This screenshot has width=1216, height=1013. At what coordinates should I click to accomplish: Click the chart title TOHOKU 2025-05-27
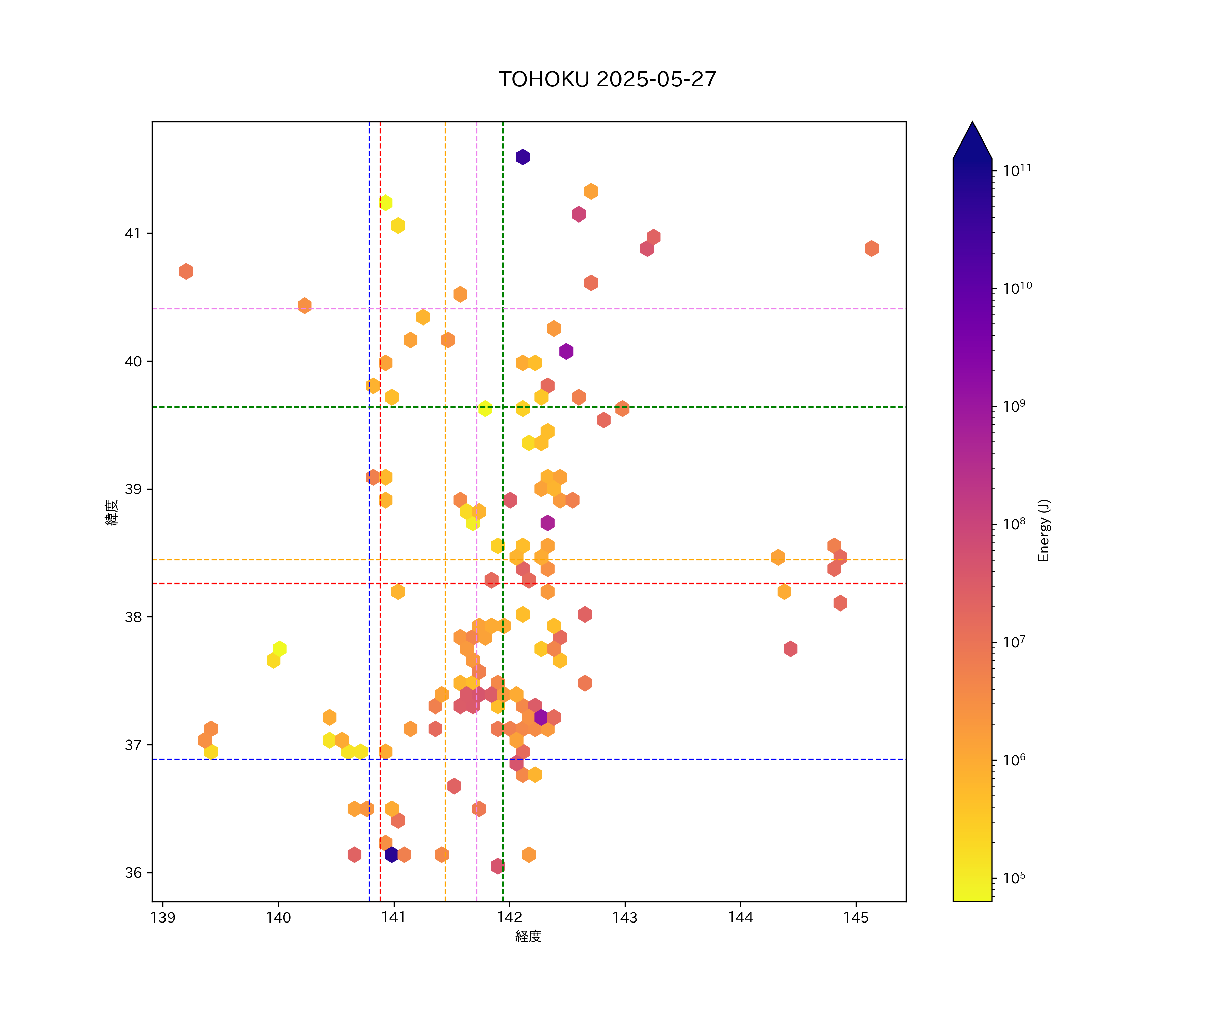607,79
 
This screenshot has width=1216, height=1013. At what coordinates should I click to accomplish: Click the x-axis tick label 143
624,917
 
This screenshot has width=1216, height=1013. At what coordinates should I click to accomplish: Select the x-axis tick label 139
163,917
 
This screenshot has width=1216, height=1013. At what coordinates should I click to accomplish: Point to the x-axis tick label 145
856,917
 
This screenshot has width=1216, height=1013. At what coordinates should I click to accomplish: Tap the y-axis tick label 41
133,233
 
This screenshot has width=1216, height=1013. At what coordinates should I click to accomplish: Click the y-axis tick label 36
133,872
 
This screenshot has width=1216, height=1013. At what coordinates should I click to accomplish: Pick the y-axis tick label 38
133,617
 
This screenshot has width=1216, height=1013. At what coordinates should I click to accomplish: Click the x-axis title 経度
528,936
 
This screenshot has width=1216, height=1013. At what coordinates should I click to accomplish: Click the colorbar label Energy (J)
1043,530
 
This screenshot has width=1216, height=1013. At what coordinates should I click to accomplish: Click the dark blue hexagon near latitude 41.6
522,157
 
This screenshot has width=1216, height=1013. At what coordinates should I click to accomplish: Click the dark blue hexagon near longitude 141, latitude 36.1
391,854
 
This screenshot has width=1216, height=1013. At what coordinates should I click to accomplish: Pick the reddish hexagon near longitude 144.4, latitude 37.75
790,649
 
